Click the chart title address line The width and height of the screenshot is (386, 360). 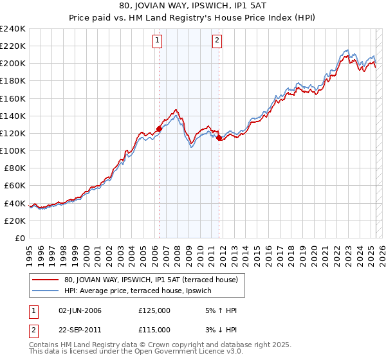tap(192, 6)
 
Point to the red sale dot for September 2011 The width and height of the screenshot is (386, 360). tap(219, 138)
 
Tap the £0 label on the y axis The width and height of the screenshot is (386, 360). tap(19, 238)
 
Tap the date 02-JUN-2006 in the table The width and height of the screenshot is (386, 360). tap(80, 310)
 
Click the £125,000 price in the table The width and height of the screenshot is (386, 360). tap(154, 310)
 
